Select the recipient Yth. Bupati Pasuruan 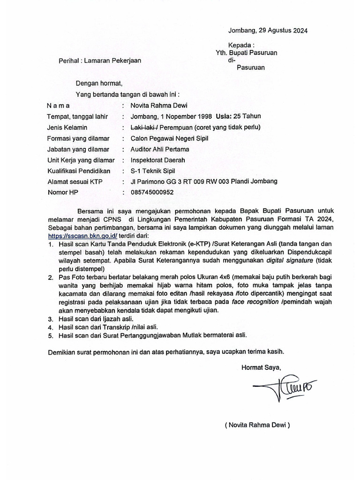coord(243,52)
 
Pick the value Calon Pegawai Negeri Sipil coord(169,138)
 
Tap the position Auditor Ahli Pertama coord(160,149)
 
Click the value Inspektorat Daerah coord(157,160)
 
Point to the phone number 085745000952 coord(152,192)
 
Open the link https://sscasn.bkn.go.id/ coord(82,236)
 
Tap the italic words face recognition coord(261,302)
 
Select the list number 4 coord(51,327)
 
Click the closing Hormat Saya coord(261,367)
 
